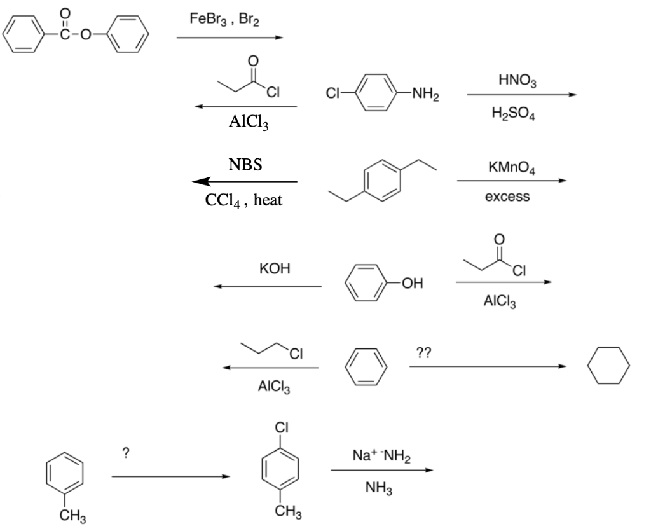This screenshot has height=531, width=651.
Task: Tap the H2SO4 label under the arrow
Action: pos(519,113)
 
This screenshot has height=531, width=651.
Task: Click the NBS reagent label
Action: pos(245,164)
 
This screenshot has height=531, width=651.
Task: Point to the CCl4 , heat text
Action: pos(244,200)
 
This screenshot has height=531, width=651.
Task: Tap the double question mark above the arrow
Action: pos(423,352)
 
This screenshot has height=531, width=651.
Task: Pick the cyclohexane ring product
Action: pos(608,367)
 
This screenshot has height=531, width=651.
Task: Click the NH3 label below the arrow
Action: pos(380,488)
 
